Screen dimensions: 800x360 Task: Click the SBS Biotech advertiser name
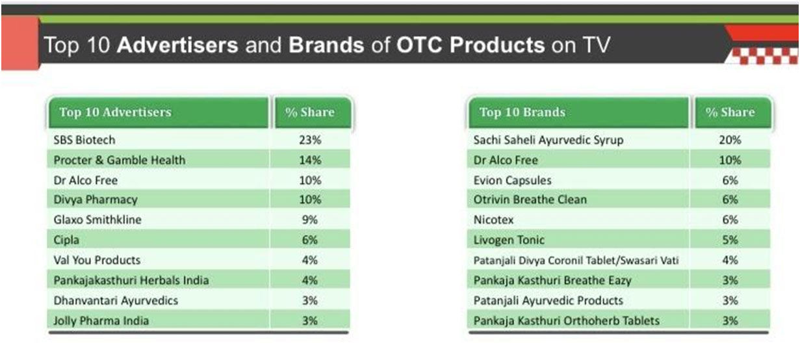pyautogui.click(x=84, y=140)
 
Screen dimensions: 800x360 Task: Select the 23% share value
pyautogui.click(x=310, y=140)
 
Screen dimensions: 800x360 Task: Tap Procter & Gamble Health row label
pyautogui.click(x=120, y=160)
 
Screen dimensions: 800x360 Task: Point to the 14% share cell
pyautogui.click(x=310, y=160)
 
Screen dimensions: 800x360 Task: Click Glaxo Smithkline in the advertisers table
pyautogui.click(x=97, y=219)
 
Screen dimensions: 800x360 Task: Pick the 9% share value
pyautogui.click(x=309, y=219)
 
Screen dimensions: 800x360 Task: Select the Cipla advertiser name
pyautogui.click(x=66, y=240)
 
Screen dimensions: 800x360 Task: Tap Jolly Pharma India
pyautogui.click(x=101, y=321)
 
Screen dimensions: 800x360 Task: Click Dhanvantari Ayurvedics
pyautogui.click(x=116, y=301)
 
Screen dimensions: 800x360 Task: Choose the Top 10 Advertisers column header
pyautogui.click(x=116, y=112)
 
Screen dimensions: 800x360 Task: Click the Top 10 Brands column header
pyautogui.click(x=523, y=112)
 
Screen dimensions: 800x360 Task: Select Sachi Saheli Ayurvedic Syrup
pyautogui.click(x=548, y=140)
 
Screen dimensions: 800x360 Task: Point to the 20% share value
pyautogui.click(x=730, y=140)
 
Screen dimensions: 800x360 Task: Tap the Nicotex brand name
pyautogui.click(x=493, y=219)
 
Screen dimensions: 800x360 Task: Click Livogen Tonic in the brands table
pyautogui.click(x=509, y=240)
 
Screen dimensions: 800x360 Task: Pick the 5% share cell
pyautogui.click(x=730, y=240)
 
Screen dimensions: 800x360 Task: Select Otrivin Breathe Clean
pyautogui.click(x=530, y=199)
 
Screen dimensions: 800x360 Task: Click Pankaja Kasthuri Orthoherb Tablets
pyautogui.click(x=567, y=321)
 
